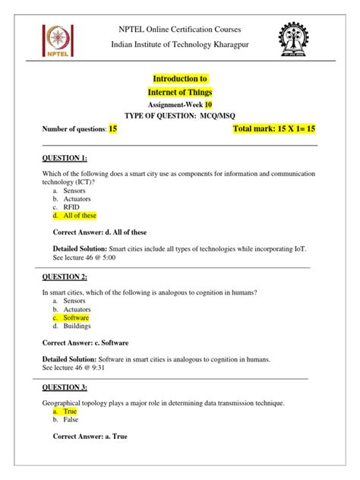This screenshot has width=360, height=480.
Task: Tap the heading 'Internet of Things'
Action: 180,92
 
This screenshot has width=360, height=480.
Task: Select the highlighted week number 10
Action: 208,105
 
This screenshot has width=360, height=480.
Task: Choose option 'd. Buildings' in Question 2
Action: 75,327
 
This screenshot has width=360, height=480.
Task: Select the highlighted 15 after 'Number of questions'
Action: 112,130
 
